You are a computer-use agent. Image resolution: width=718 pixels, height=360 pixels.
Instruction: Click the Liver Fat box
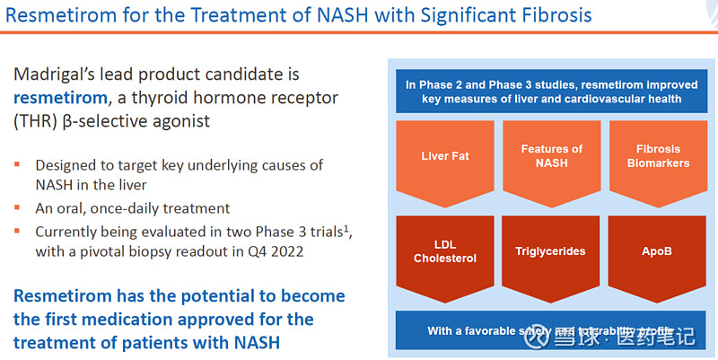445,156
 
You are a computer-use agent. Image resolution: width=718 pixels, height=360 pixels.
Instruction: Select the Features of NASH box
552,156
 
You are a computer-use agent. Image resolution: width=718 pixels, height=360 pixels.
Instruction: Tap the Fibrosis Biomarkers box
659,156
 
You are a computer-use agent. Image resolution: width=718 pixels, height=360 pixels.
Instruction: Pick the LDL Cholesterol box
445,251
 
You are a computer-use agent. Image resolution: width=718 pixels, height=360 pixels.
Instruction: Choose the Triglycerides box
552,251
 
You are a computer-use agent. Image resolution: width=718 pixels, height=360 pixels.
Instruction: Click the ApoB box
659,251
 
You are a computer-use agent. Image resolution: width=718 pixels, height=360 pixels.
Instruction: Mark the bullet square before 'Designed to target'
18,166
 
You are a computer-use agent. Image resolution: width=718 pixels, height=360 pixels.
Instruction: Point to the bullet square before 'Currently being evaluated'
18,231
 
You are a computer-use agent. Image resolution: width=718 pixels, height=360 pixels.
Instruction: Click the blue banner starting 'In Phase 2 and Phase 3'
551,92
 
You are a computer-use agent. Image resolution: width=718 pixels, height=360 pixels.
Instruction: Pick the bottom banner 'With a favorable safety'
551,331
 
